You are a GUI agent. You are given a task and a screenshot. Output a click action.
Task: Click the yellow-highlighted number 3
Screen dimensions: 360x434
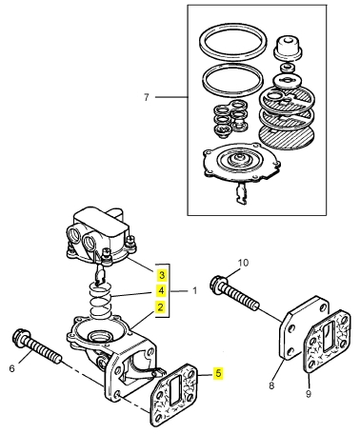(x=162, y=275)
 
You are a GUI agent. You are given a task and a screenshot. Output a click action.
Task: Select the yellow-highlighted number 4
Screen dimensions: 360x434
(x=162, y=290)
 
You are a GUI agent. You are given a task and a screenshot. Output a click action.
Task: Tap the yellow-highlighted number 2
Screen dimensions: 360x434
(x=161, y=306)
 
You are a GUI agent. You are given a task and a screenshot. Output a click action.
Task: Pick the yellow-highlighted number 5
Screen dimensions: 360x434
(x=218, y=373)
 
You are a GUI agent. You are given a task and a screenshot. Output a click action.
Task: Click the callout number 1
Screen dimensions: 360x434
(x=194, y=290)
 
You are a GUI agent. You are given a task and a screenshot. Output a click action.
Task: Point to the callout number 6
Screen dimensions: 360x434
(x=11, y=368)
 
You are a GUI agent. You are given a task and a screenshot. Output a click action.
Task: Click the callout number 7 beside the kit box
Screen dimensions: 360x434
(x=146, y=97)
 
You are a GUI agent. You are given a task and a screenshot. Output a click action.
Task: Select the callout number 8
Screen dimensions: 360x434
(x=271, y=385)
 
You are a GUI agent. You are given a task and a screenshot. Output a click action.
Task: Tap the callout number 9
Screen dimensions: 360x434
(x=309, y=394)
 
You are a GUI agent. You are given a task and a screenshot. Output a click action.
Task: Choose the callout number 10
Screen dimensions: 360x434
(x=243, y=263)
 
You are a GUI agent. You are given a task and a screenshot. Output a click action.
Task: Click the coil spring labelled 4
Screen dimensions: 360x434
(x=100, y=301)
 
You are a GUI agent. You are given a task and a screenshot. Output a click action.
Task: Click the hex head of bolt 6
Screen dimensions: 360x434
(x=21, y=336)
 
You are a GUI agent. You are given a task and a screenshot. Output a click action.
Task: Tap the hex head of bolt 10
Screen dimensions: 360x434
(x=219, y=283)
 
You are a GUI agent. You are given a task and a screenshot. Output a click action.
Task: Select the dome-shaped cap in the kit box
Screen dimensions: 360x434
(x=288, y=48)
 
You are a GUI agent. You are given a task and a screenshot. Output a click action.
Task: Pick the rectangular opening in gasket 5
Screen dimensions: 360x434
(x=176, y=391)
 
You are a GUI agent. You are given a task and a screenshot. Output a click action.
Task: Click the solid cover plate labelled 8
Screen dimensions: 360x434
(x=303, y=328)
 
